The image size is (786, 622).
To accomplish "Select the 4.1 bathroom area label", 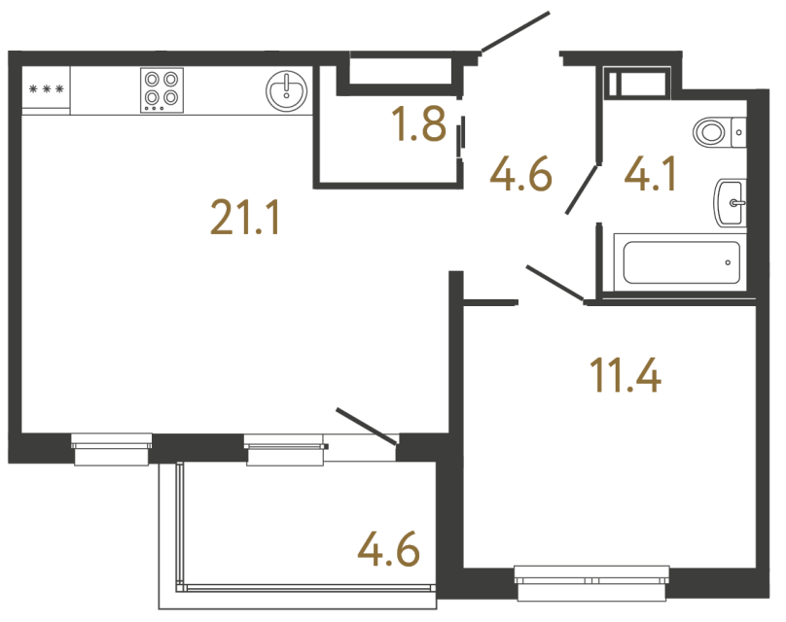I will click(649, 176).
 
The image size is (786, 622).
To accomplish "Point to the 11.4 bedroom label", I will click(625, 374).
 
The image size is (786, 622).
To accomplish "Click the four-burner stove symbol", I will click(161, 88).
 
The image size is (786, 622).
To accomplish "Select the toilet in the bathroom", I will click(718, 130).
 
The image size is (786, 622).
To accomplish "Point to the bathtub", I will click(680, 261).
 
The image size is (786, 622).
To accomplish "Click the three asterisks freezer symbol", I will click(46, 90).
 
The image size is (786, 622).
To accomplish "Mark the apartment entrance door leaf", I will click(516, 31).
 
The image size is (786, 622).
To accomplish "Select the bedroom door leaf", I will click(554, 282).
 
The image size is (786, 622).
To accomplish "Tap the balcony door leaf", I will click(367, 428).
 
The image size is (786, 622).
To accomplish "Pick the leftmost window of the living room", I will click(111, 448).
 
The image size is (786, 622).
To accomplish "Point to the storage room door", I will click(462, 133).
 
